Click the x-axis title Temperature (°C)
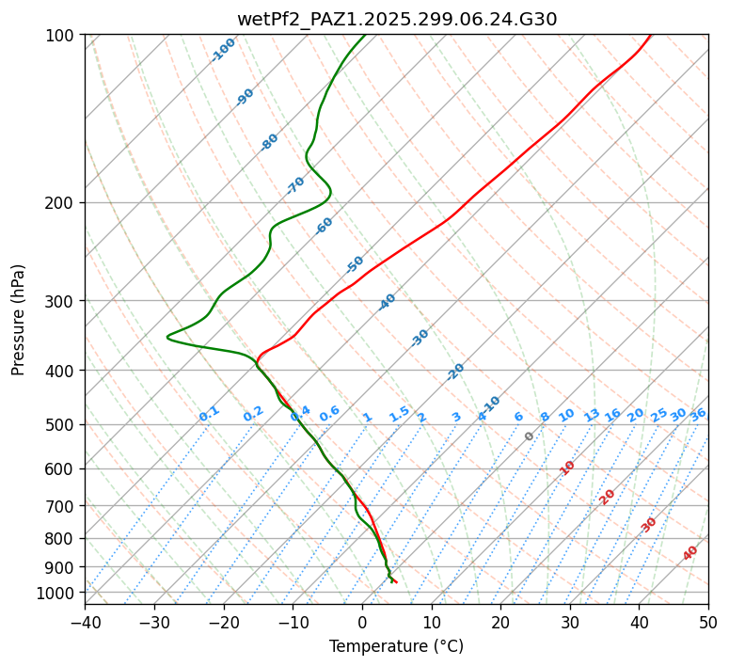click(396, 647)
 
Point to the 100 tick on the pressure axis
click(64, 36)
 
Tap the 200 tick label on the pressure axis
click(64, 203)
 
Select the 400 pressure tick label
click(64, 371)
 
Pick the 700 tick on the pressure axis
click(64, 506)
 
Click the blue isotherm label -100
click(224, 50)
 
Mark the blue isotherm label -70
click(295, 185)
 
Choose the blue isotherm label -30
click(420, 338)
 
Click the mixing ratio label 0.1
click(209, 414)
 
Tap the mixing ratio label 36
click(698, 414)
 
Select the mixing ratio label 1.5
click(400, 414)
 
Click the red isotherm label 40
click(690, 553)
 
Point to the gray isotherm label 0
click(530, 436)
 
